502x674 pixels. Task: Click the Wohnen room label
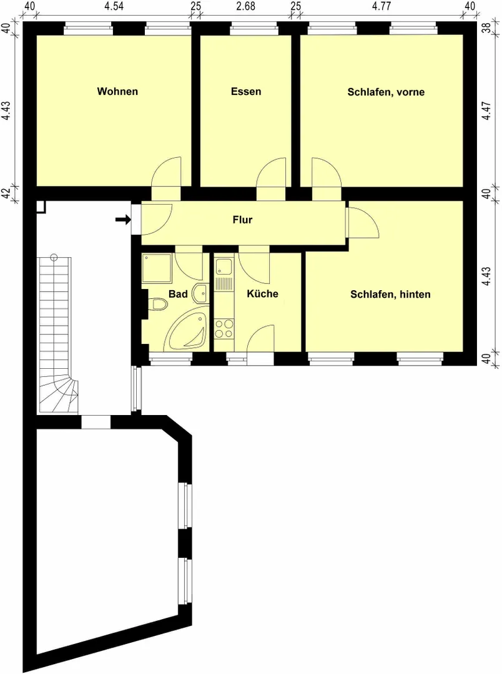pyautogui.click(x=117, y=91)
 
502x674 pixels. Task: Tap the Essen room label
pyautogui.click(x=246, y=91)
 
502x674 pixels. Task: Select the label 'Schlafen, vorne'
pyautogui.click(x=386, y=92)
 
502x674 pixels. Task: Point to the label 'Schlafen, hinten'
pyautogui.click(x=390, y=295)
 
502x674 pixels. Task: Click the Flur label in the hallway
pyautogui.click(x=243, y=220)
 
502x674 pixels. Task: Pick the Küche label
pyautogui.click(x=262, y=293)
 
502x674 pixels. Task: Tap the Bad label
pyautogui.click(x=178, y=294)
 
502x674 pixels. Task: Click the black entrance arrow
pyautogui.click(x=123, y=220)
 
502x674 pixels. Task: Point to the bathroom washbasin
pyautogui.click(x=201, y=293)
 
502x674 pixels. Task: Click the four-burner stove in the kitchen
pyautogui.click(x=224, y=329)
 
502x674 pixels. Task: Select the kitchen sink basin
pyautogui.click(x=224, y=266)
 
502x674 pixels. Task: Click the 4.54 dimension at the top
pyautogui.click(x=114, y=6)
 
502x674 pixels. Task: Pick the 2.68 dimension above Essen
pyautogui.click(x=245, y=6)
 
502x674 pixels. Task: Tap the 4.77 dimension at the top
pyautogui.click(x=381, y=6)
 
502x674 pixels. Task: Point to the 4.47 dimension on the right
pyautogui.click(x=486, y=110)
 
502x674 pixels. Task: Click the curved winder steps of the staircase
pyautogui.click(x=59, y=396)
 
